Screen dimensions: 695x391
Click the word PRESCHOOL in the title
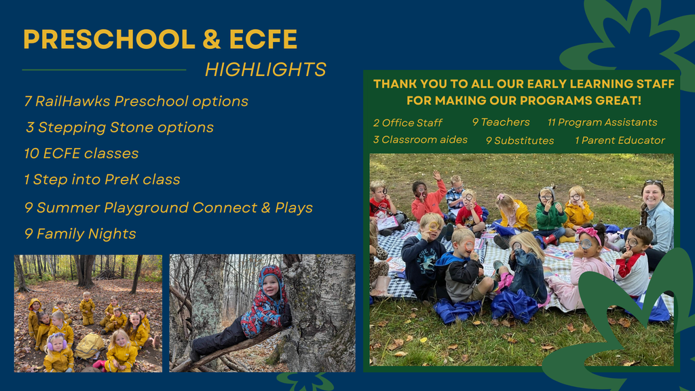click(x=109, y=39)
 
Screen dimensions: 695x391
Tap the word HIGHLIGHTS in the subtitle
click(x=265, y=70)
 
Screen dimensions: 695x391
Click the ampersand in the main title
click(x=212, y=39)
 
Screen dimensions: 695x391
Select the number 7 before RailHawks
click(x=28, y=101)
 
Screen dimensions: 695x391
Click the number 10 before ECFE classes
click(x=31, y=153)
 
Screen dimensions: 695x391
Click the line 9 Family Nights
click(x=80, y=234)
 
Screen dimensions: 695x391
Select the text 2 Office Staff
click(x=408, y=123)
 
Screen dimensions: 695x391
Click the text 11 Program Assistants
click(x=602, y=122)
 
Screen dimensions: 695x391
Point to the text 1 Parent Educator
click(x=620, y=141)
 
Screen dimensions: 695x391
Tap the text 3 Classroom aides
click(x=420, y=140)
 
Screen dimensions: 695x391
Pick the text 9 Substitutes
click(x=519, y=141)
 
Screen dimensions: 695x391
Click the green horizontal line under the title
click(x=104, y=70)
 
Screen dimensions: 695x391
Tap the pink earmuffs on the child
click(x=57, y=342)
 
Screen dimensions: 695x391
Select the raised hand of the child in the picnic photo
click(x=437, y=175)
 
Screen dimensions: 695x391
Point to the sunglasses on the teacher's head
click(x=654, y=182)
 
